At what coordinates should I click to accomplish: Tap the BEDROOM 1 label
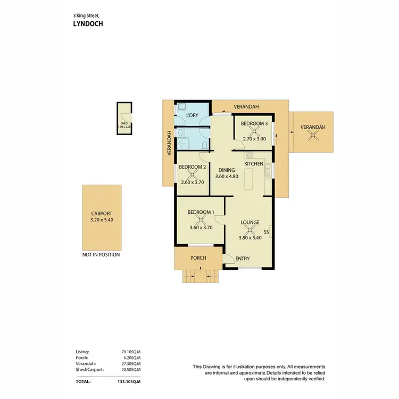[201, 213]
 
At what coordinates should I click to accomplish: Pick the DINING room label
[226, 170]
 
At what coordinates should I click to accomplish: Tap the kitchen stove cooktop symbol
[248, 155]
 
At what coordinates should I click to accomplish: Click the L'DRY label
[192, 115]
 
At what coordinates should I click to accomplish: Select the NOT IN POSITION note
[101, 255]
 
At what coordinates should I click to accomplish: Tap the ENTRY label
[243, 259]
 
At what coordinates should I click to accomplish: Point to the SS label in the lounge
[267, 232]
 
